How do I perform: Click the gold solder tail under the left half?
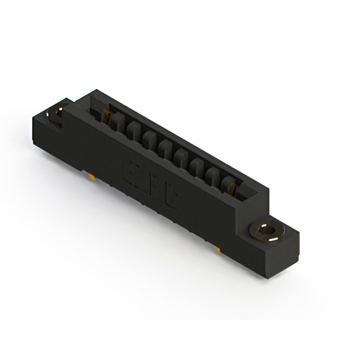(x=89, y=177)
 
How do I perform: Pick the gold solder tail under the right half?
(x=217, y=247)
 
